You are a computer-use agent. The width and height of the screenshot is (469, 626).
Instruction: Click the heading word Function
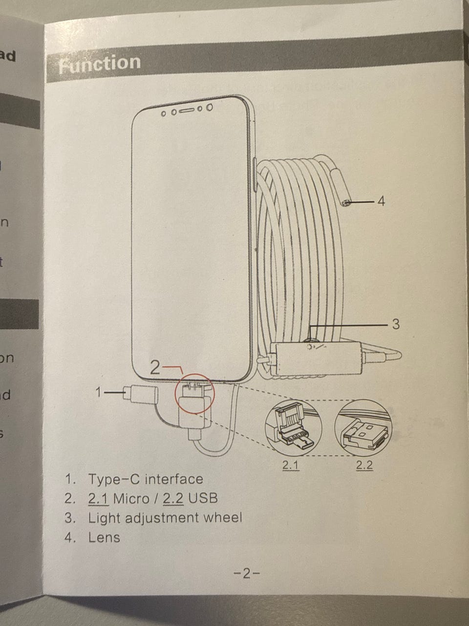(99, 63)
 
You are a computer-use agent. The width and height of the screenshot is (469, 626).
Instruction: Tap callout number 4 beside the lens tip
(382, 201)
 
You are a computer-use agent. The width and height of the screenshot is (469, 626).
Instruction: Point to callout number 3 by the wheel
(396, 324)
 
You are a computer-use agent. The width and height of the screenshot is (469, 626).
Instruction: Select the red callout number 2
(155, 367)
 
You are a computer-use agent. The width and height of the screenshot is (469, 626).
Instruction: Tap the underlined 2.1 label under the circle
(291, 465)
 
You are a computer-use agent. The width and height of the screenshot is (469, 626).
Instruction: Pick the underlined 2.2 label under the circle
(364, 465)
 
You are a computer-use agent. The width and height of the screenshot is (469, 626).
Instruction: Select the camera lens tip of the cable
(345, 202)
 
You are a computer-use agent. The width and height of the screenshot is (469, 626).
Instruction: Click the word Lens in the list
(104, 537)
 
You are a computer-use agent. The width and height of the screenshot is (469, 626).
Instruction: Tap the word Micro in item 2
(131, 498)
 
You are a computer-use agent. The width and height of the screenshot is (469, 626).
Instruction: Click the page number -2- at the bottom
(247, 573)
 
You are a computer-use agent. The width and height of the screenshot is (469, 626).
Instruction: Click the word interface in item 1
(174, 479)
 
